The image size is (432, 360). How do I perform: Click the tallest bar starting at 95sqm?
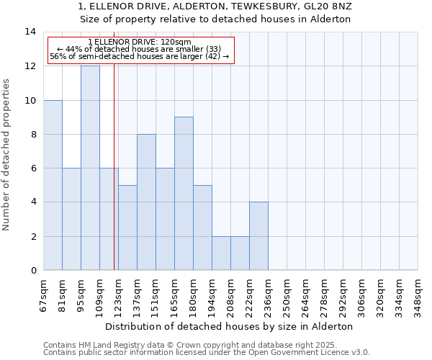(90, 168)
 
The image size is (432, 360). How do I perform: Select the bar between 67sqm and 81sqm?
(53, 185)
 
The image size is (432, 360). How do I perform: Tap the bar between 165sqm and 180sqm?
(184, 193)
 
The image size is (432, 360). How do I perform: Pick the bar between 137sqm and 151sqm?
(146, 202)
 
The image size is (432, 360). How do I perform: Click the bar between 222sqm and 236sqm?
(258, 235)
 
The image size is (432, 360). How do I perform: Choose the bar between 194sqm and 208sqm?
(221, 253)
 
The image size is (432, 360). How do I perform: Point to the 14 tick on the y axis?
(30, 32)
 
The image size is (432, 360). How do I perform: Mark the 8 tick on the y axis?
(33, 134)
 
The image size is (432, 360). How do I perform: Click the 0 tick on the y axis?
(33, 270)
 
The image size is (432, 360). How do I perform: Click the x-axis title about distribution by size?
(234, 326)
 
